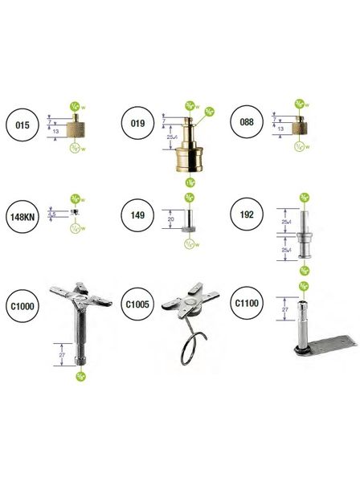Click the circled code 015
(23, 125)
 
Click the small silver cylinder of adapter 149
(186, 219)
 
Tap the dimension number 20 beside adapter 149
(171, 219)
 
